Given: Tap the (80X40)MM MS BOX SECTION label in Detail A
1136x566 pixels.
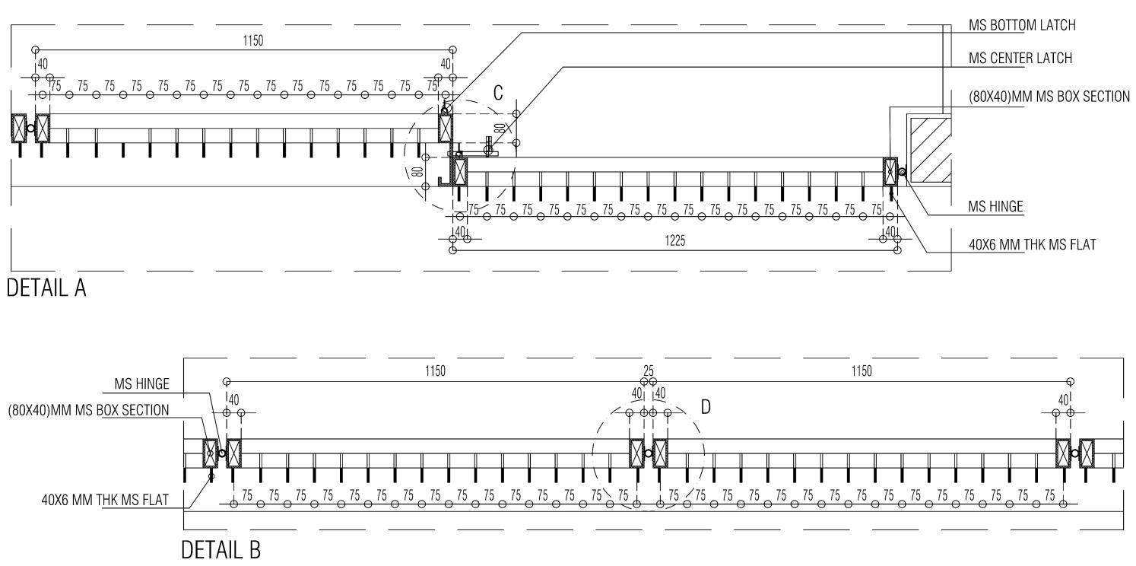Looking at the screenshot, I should point(1048,97).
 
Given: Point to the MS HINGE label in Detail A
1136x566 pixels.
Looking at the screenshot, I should point(995,206).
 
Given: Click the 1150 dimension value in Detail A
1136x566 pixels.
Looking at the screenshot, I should point(252,41).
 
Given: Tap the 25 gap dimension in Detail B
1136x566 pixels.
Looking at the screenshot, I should point(649,371).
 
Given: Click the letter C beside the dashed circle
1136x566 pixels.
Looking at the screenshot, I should point(498,94).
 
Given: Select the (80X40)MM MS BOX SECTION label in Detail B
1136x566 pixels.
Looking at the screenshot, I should point(88,410).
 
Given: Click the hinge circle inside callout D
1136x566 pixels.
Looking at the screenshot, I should point(648,453).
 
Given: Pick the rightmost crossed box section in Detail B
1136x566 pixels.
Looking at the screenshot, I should point(1087,453).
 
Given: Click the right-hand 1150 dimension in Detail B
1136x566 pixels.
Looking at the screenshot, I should point(862,371).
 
